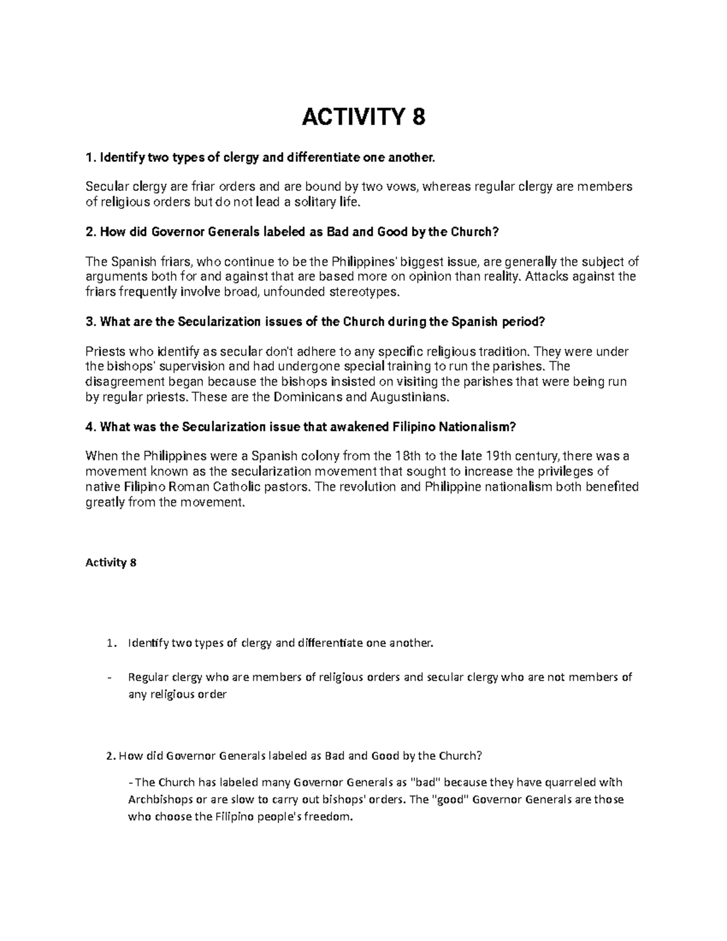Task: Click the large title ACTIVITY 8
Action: coord(363,117)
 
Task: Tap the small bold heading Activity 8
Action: coord(111,562)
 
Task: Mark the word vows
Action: coord(401,187)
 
